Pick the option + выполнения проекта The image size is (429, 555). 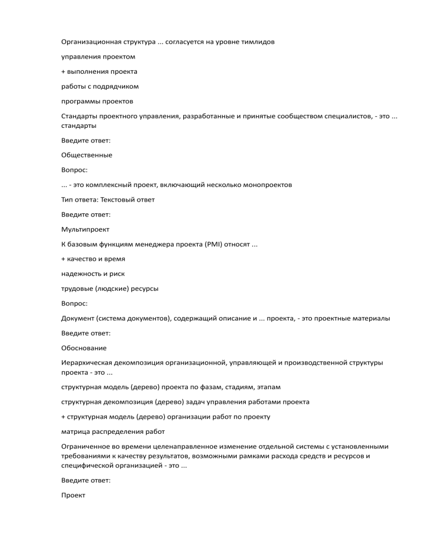tap(99, 71)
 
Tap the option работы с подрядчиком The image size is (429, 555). tap(99, 87)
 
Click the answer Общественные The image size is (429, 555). tap(87, 155)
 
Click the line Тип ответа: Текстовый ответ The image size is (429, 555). tap(108, 199)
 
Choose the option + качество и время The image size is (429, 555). tap(93, 259)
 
